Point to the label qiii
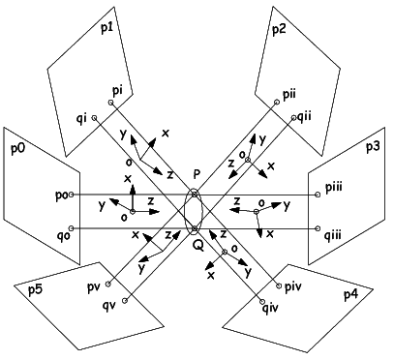(334, 233)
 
